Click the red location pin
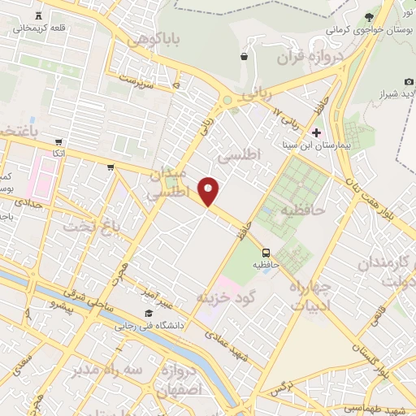click(x=210, y=191)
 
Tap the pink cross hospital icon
click(x=316, y=132)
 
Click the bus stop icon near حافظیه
click(x=265, y=252)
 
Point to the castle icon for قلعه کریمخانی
click(x=39, y=16)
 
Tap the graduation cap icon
click(x=148, y=314)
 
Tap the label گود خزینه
click(x=226, y=297)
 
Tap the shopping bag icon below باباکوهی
click(x=244, y=56)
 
